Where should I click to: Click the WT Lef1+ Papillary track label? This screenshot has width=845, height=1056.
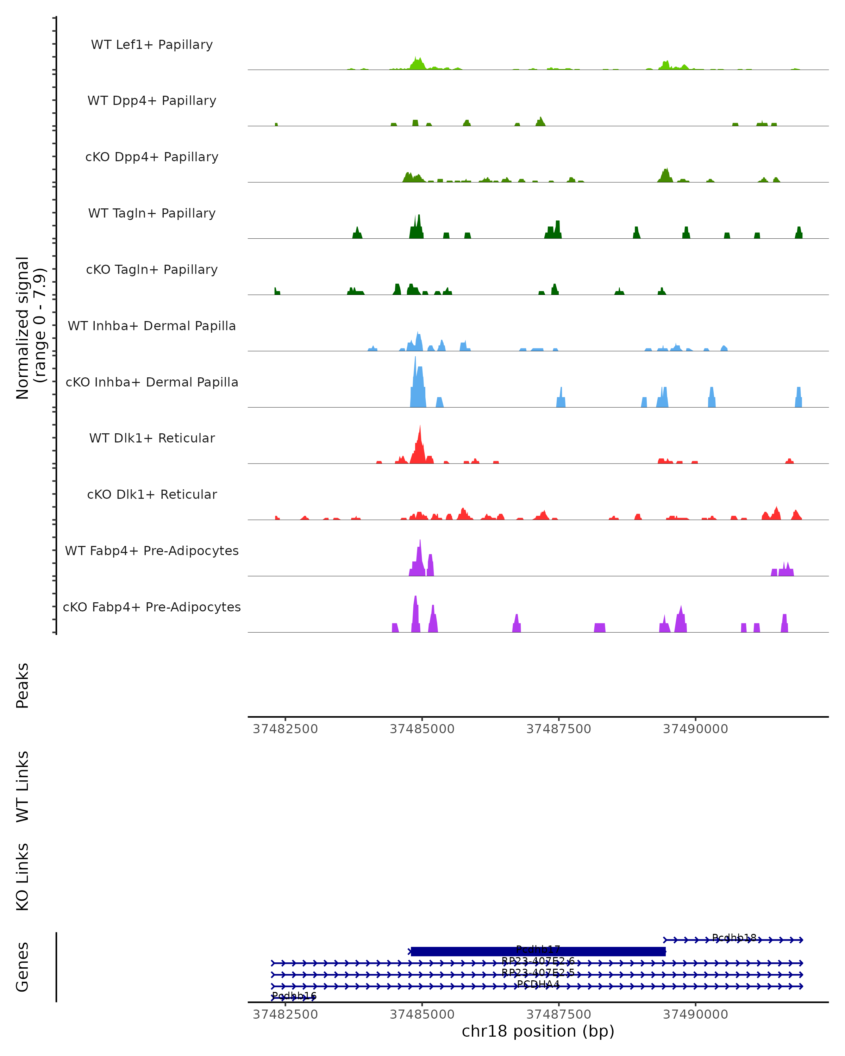coord(152,45)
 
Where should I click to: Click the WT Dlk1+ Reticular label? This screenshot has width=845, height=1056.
coord(152,438)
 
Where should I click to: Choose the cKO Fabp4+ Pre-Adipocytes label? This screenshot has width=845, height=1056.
coord(152,607)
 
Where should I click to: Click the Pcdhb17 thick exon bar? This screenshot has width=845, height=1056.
coord(538,952)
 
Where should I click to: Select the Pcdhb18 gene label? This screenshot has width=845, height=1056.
coord(734,937)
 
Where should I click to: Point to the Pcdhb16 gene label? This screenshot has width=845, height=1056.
coord(294,996)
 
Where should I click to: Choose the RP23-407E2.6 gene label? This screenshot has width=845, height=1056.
coord(538,961)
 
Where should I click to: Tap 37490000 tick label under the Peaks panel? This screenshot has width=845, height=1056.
coord(695,729)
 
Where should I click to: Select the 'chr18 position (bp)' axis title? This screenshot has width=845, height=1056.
coord(538,1031)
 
